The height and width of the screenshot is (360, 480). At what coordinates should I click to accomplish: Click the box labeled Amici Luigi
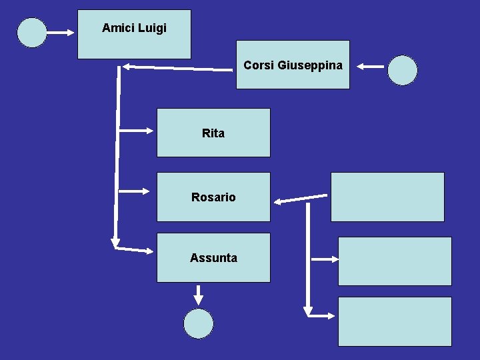tap(134, 35)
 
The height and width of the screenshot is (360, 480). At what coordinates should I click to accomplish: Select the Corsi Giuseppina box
tap(293, 65)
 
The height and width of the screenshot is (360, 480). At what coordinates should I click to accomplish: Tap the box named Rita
tap(213, 133)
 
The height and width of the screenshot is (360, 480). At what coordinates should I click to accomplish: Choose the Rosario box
tap(213, 197)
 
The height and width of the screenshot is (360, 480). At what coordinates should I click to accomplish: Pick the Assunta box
tap(213, 257)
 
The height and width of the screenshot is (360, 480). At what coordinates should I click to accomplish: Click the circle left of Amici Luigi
tap(32, 32)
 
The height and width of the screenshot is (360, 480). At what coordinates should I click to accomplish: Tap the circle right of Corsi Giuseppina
tap(403, 70)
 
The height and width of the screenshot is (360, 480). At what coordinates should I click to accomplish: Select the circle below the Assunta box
tap(198, 324)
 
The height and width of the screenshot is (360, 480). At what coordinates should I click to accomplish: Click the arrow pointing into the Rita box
tap(136, 131)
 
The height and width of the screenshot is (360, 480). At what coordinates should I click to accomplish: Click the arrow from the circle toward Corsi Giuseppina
tap(370, 66)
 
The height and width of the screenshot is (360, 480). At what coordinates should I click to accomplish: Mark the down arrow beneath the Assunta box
tap(198, 293)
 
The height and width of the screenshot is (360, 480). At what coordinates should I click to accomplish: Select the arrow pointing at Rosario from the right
tap(300, 198)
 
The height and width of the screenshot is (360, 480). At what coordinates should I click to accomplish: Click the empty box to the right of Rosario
tap(387, 197)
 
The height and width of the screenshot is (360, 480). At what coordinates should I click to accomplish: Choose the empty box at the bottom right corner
tap(395, 321)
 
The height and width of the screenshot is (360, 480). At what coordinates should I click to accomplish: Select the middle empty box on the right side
tap(395, 261)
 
